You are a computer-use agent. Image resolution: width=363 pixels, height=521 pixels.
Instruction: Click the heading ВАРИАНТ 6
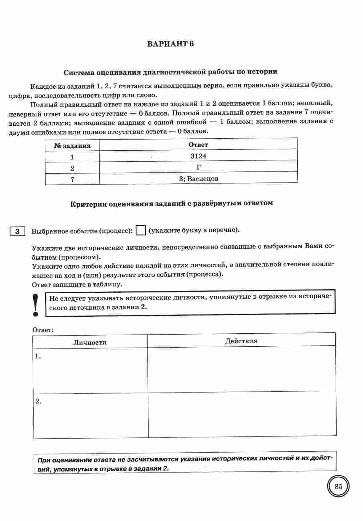coord(170,44)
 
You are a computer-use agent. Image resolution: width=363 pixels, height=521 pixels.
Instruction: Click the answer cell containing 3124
coord(198,156)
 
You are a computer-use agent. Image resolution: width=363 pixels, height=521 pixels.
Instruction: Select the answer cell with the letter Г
coord(198,167)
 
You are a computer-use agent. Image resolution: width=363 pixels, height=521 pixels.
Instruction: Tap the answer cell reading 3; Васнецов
coord(198,179)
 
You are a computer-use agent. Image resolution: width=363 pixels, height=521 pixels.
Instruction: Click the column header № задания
coord(72,146)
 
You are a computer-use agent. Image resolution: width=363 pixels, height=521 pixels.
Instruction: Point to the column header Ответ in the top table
coord(198,144)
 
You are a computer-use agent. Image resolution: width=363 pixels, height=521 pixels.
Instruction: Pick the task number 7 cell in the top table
coord(72,179)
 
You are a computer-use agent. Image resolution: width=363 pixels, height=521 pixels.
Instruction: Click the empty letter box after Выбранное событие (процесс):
coord(140,230)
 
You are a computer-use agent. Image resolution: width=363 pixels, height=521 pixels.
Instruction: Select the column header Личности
coord(90,342)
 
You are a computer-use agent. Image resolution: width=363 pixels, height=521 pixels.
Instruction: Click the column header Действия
coord(241,341)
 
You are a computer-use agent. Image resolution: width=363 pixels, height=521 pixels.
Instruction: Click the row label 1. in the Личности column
coord(38,356)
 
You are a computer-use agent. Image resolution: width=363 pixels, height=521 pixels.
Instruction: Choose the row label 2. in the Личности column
coord(38,401)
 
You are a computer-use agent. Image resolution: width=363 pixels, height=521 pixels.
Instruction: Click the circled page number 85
coord(338,487)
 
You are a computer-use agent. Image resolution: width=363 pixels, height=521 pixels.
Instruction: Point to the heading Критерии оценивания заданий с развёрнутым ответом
coord(171,203)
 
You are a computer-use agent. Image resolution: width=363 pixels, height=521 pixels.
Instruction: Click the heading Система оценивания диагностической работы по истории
coord(170,72)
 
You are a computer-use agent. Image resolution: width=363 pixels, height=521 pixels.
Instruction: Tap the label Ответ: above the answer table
coord(43,330)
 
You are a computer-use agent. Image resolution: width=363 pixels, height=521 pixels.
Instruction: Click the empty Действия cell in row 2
coord(242,414)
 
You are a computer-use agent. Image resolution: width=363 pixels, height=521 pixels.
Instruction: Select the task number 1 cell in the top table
coord(72,157)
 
